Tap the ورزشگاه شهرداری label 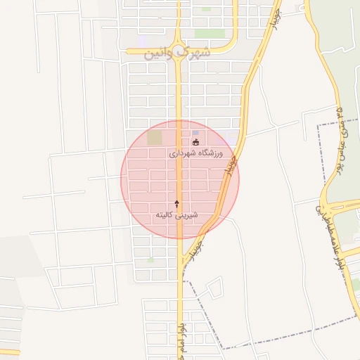click(195, 153)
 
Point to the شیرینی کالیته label click(176, 214)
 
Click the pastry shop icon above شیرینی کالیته click(176, 203)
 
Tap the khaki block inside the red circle click(154, 138)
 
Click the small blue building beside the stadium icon click(195, 133)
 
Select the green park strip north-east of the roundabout click(210, 34)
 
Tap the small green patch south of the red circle click(150, 261)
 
